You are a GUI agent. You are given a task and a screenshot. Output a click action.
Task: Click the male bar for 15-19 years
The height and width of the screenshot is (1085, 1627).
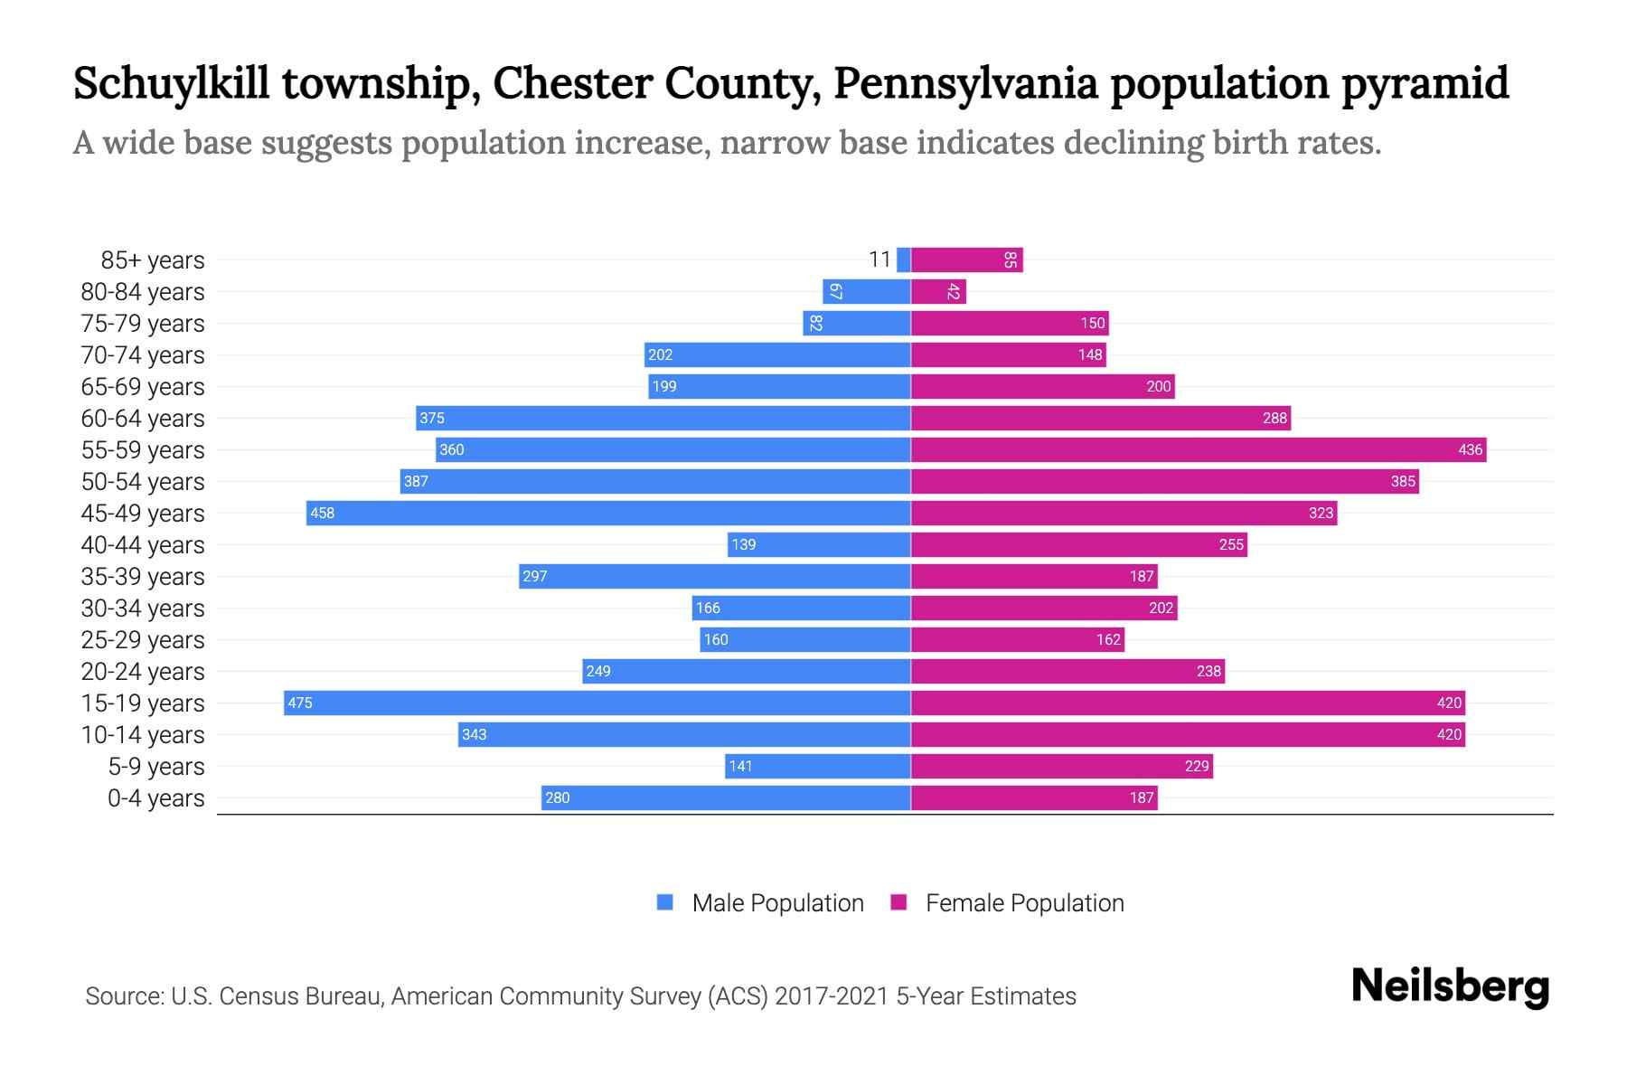tap(597, 703)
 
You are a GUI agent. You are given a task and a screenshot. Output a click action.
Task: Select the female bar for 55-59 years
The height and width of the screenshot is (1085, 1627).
tap(1198, 449)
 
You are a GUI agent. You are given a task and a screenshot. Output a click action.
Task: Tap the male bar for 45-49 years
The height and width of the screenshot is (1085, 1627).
tap(607, 513)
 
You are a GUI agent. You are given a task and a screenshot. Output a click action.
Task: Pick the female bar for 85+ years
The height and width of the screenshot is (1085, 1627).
tap(965, 259)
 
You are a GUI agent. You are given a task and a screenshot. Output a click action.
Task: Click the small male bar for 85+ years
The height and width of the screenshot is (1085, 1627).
tap(903, 259)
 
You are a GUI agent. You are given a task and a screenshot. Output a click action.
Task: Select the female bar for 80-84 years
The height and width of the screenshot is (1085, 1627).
tap(937, 291)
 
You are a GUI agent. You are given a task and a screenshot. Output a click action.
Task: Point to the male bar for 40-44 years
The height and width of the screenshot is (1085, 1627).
tap(818, 544)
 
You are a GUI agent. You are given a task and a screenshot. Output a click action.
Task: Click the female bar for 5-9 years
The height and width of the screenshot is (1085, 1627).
tap(1061, 766)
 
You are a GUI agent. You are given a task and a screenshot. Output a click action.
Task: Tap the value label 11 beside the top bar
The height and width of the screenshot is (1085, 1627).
tap(879, 259)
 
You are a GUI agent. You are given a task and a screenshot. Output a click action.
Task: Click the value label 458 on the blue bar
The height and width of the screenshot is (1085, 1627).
tap(322, 513)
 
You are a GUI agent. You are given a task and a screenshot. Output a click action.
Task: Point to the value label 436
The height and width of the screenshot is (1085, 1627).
tap(1470, 449)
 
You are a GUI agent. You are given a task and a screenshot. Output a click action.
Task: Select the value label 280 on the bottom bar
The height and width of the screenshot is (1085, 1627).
tap(558, 797)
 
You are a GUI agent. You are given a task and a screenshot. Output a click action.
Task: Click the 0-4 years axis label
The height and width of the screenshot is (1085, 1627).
tap(155, 798)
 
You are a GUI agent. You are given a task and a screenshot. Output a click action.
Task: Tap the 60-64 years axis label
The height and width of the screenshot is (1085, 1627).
tap(143, 419)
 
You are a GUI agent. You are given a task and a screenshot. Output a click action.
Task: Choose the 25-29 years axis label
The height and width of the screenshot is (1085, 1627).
tap(143, 640)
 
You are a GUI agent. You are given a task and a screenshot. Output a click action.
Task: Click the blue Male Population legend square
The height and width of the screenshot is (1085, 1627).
tap(665, 902)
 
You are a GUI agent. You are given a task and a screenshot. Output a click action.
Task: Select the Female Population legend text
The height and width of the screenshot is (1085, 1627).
tap(1024, 902)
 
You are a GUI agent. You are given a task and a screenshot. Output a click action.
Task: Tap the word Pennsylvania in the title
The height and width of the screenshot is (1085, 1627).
tap(965, 83)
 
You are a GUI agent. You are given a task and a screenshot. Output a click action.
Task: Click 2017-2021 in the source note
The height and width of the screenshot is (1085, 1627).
tap(832, 996)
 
